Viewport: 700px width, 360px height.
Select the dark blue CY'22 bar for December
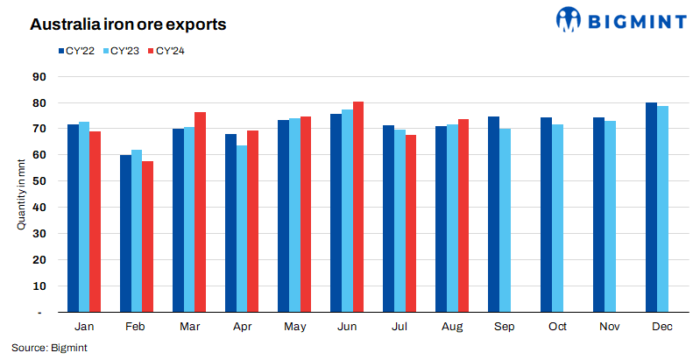pos(651,207)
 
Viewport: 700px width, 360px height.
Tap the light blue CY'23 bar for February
pos(137,230)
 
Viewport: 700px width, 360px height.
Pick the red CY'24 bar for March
pos(200,212)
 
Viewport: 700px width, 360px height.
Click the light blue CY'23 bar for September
pos(505,220)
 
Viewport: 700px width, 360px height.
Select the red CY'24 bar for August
pos(463,215)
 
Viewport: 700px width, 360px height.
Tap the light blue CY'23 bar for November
pos(610,216)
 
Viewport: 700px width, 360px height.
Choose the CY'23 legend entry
pos(120,51)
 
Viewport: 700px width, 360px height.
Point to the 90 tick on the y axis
pos(38,76)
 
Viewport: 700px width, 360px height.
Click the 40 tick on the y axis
pos(38,208)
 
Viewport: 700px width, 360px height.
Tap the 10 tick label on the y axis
pos(38,286)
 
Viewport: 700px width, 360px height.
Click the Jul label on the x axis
pos(399,327)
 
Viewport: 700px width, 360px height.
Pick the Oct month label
pos(557,327)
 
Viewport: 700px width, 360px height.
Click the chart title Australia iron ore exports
pos(128,25)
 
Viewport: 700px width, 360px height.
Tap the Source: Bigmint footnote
pos(49,348)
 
